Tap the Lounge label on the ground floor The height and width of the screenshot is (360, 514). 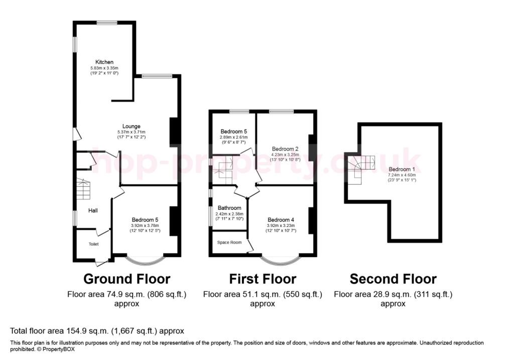click(132, 126)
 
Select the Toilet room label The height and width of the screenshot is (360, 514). click(93, 245)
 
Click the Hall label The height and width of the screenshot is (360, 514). click(93, 210)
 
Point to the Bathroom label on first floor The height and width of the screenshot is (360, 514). click(229, 208)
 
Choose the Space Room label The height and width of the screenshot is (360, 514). click(229, 243)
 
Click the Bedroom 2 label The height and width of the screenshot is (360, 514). click(285, 149)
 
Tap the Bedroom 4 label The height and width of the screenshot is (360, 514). click(281, 219)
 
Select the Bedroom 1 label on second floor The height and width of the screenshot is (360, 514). click(402, 169)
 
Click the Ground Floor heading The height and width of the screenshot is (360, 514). click(126, 279)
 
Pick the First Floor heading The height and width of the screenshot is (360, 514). click(263, 279)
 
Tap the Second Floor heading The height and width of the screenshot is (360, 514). click(393, 279)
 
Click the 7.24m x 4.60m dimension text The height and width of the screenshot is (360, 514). click(402, 175)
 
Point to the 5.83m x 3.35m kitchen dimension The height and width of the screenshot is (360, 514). click(104, 68)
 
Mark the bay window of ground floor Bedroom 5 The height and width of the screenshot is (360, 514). click(145, 261)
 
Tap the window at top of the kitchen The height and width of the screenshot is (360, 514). click(107, 23)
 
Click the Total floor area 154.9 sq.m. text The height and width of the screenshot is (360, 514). click(97, 331)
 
